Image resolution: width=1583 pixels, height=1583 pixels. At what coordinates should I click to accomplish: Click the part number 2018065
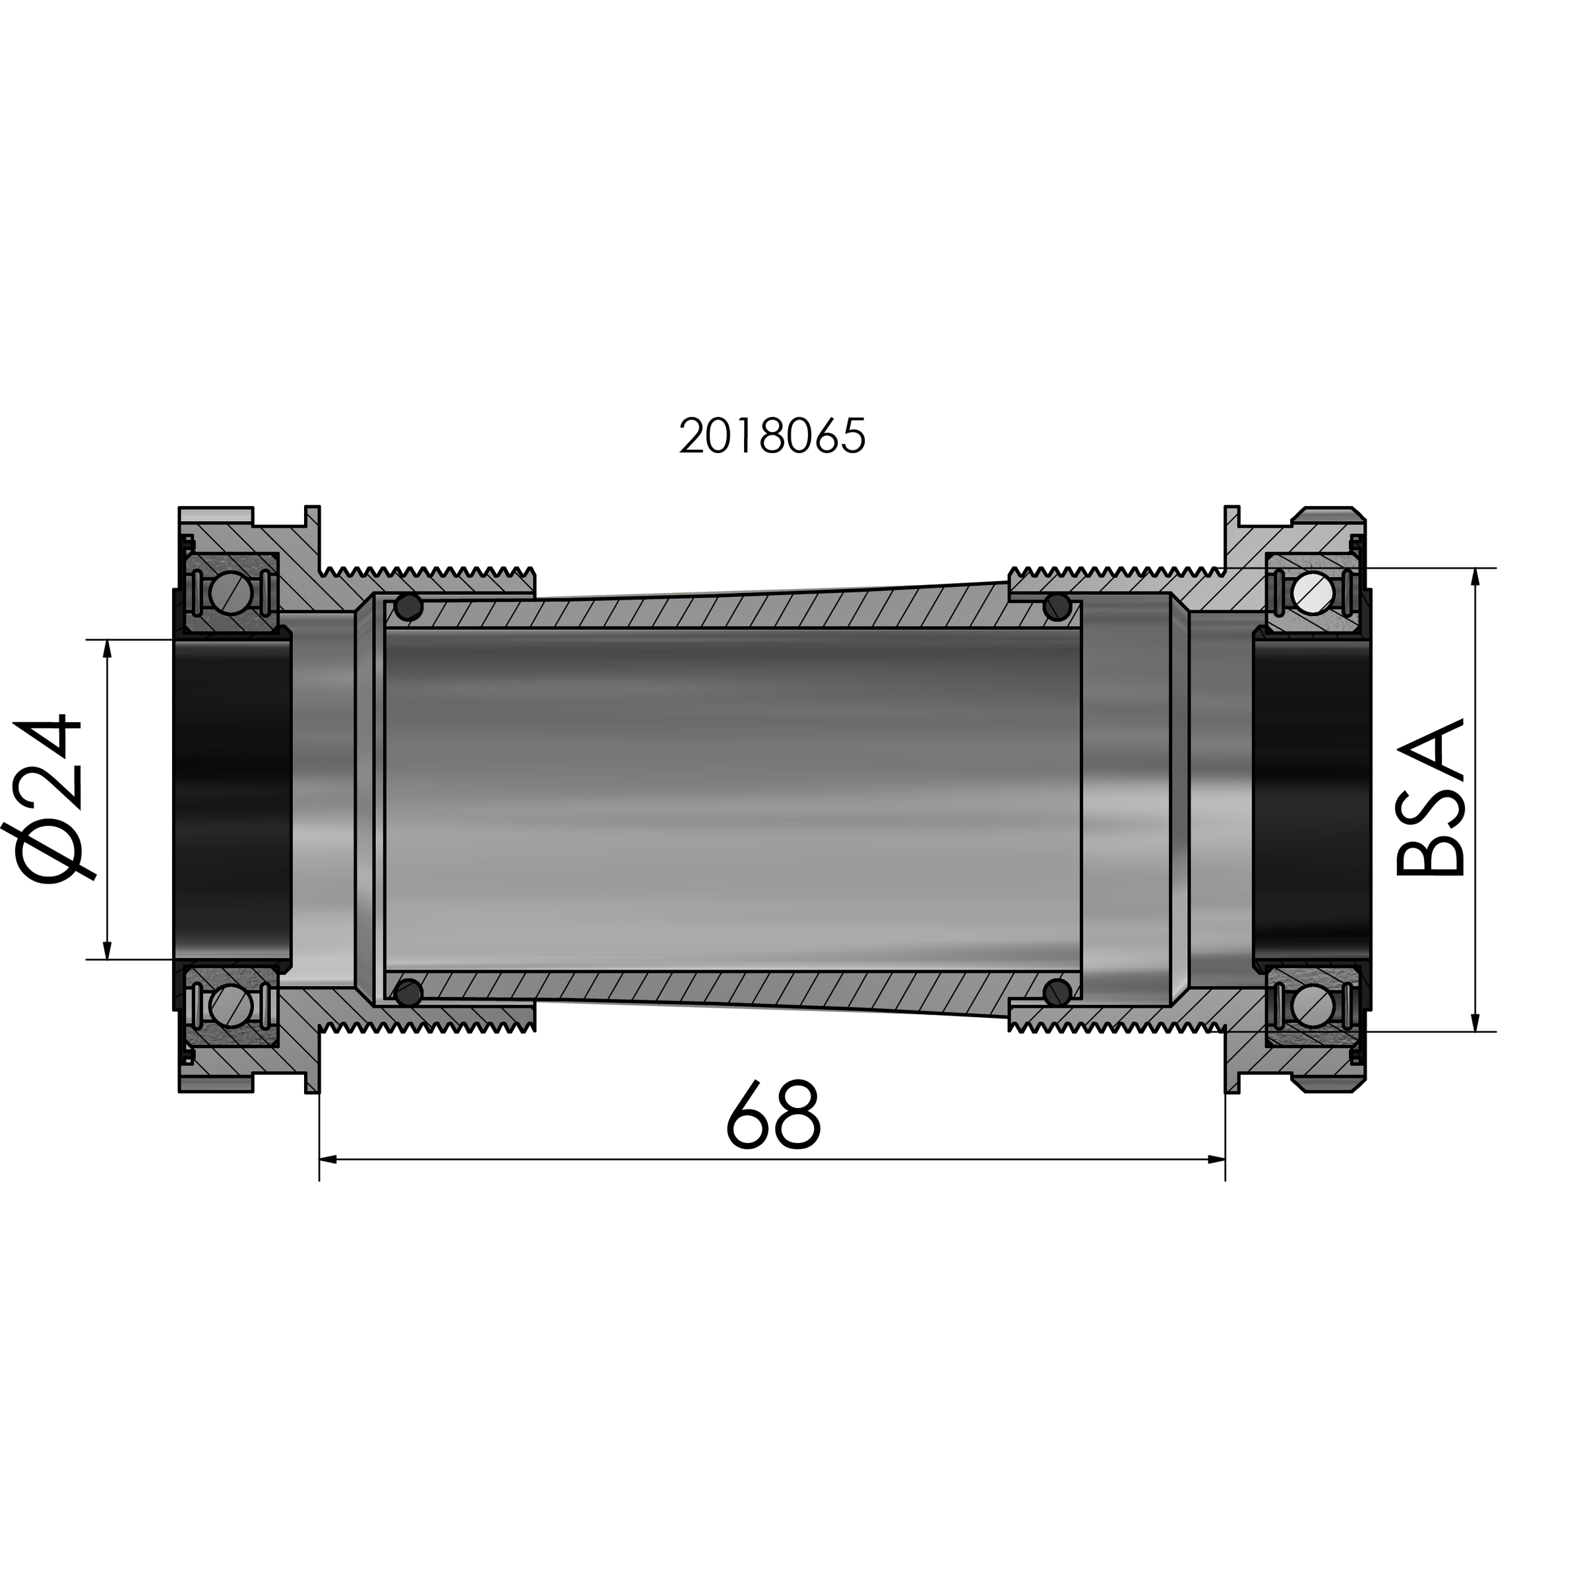point(772,436)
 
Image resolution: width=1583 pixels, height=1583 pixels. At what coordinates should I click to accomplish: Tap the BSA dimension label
point(1431,798)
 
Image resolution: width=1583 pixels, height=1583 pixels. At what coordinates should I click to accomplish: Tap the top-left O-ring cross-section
point(408,607)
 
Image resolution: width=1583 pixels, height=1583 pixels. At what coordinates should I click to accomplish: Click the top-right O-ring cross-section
point(1058,607)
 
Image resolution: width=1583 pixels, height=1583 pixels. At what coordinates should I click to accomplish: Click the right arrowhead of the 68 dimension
point(1217,1160)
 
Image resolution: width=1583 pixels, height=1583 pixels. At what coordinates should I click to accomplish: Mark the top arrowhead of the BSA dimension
point(1475,577)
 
